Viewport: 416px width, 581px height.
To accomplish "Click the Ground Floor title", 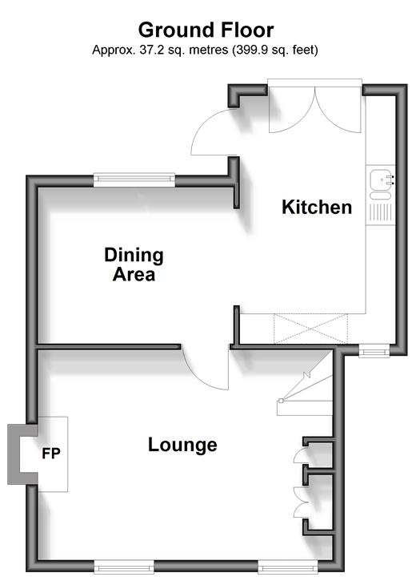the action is [x=206, y=30].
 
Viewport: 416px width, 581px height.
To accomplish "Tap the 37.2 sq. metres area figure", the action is [x=183, y=50].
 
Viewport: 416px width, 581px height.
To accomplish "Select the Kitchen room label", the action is [x=317, y=207].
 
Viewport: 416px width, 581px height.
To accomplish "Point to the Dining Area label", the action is [x=134, y=264].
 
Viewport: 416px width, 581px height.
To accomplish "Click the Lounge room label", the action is [x=182, y=445].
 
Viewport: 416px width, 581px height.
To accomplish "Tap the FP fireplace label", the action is [x=51, y=454].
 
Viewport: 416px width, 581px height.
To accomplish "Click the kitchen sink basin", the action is [x=381, y=180].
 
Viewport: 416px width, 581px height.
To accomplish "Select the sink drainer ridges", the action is [x=381, y=212].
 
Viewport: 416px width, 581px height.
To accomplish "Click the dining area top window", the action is [x=134, y=180].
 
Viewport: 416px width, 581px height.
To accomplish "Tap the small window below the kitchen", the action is [x=374, y=350].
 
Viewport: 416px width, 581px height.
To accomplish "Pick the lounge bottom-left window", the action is [x=124, y=567].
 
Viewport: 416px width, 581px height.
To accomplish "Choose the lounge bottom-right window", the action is [x=288, y=567].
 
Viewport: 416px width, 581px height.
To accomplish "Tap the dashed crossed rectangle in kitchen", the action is [x=310, y=329].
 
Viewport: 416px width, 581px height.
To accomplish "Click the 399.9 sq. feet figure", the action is [x=275, y=50].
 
